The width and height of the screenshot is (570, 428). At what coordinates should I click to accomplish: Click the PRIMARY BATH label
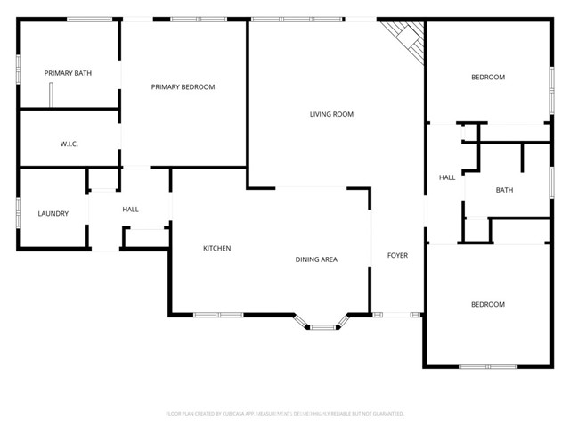click(x=69, y=73)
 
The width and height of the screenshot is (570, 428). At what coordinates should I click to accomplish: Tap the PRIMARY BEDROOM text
click(x=183, y=86)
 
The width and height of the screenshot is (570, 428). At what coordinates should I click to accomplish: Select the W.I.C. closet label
click(x=69, y=144)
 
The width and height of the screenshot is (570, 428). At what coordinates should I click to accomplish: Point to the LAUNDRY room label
click(x=53, y=214)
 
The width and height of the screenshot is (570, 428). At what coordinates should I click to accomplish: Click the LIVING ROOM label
click(x=331, y=114)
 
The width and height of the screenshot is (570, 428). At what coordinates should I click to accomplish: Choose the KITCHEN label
click(x=216, y=248)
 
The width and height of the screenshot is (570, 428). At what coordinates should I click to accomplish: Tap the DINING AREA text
click(x=316, y=259)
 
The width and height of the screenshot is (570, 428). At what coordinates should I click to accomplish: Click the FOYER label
click(x=397, y=256)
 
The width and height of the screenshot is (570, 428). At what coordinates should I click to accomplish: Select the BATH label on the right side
click(x=504, y=190)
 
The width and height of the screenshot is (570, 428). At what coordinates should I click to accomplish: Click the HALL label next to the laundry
click(x=130, y=210)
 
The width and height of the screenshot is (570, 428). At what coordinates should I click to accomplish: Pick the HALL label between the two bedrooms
click(x=447, y=177)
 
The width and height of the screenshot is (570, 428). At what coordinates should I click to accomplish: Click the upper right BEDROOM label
click(x=487, y=78)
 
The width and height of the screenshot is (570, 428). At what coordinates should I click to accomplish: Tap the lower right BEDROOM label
click(x=487, y=305)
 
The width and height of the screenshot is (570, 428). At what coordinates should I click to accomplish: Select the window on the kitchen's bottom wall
click(x=218, y=314)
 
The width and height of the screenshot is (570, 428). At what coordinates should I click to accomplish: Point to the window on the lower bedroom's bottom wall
click(x=487, y=366)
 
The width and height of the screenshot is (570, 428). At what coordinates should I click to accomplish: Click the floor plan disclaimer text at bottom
click(x=285, y=414)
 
